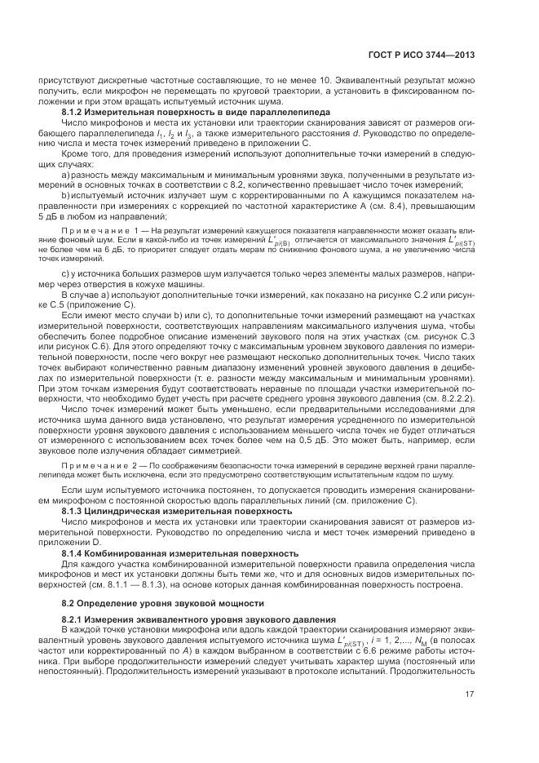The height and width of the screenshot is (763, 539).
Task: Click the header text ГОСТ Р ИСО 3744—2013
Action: click(x=428, y=55)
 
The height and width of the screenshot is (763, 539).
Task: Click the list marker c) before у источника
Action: click(x=65, y=272)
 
